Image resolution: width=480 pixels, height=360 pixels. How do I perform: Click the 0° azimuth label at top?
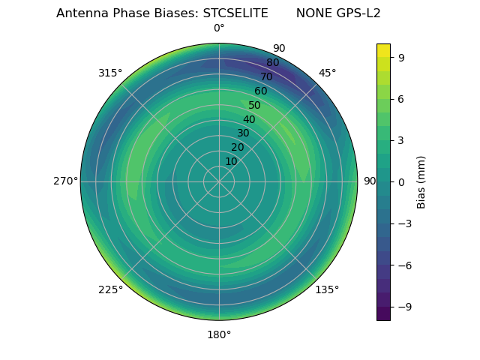pyautogui.click(x=219, y=28)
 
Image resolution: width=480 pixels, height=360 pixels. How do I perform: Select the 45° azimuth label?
pyautogui.click(x=327, y=73)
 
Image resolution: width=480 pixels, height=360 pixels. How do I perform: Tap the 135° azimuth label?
pyautogui.click(x=327, y=289)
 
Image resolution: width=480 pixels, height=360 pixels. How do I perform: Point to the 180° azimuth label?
pyautogui.click(x=219, y=334)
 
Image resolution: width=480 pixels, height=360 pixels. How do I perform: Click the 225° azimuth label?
pyautogui.click(x=110, y=289)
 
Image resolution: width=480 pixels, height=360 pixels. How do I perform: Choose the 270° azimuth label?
pyautogui.click(x=65, y=181)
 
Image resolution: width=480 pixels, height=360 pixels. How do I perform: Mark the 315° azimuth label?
pyautogui.click(x=110, y=73)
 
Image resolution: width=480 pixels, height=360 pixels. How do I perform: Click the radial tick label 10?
pyautogui.click(x=232, y=161)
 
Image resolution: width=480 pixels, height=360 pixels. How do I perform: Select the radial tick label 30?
pyautogui.click(x=243, y=133)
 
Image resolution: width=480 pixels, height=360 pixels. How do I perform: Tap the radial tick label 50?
pyautogui.click(x=254, y=106)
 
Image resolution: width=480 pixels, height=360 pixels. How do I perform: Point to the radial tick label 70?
pyautogui.click(x=266, y=76)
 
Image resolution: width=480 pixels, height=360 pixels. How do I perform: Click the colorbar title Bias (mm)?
pyautogui.click(x=421, y=181)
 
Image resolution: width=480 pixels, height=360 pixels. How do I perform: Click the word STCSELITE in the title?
pyautogui.click(x=235, y=13)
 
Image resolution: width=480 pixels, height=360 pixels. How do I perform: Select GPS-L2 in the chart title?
pyautogui.click(x=356, y=13)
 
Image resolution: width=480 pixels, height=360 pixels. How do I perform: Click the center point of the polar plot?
pyautogui.click(x=219, y=181)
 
